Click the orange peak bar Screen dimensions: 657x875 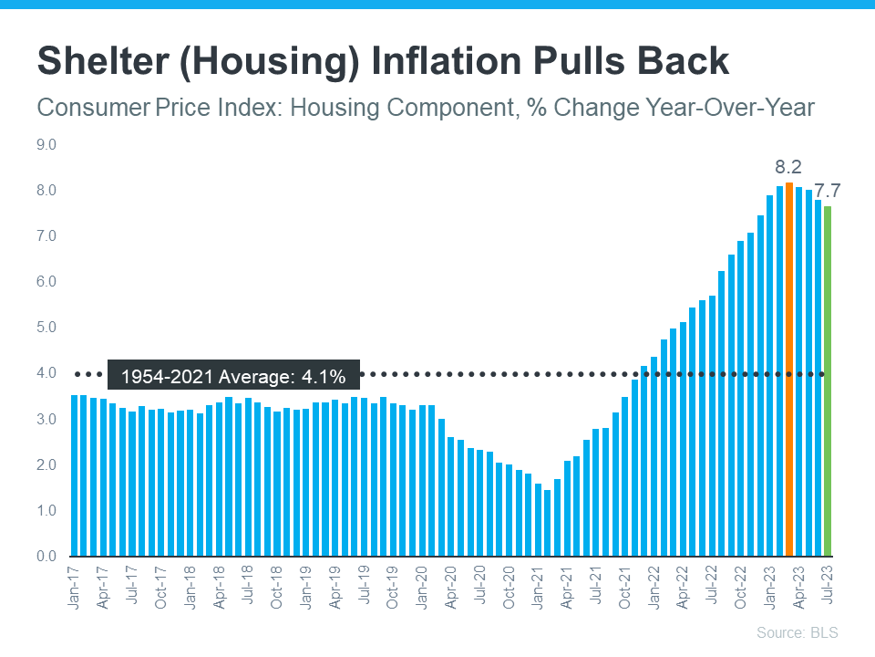click(789, 370)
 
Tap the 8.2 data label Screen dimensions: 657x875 click(788, 167)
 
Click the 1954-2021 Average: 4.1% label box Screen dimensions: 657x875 click(233, 374)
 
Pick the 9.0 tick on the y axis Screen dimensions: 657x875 click(46, 144)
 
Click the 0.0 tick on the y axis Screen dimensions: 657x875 click(46, 556)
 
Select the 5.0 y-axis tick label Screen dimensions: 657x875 click(46, 328)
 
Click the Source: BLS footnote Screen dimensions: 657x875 click(797, 632)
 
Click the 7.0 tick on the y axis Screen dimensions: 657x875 click(46, 236)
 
